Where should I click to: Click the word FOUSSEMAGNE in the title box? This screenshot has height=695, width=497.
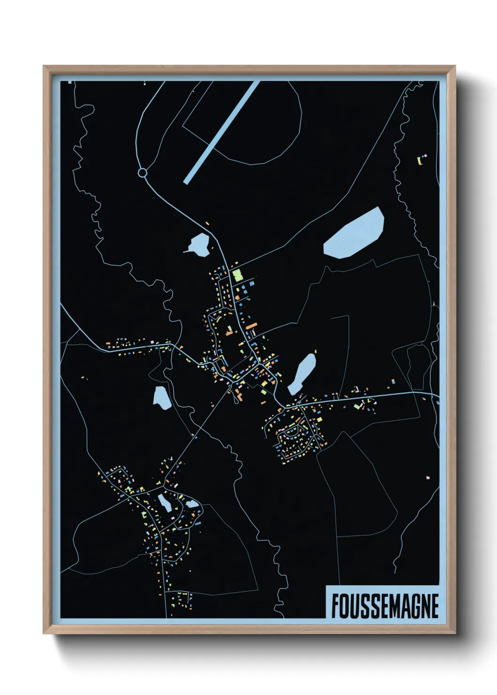(385, 606)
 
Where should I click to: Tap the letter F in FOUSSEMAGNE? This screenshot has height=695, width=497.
(335, 606)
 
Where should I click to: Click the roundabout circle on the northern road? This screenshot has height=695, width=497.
(142, 173)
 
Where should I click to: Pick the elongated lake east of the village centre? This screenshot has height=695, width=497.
(302, 373)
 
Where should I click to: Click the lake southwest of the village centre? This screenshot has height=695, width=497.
(162, 397)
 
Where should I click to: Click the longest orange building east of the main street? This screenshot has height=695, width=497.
(251, 325)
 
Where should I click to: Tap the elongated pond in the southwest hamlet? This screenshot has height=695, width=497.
(164, 503)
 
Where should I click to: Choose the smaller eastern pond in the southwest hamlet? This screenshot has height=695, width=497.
(192, 504)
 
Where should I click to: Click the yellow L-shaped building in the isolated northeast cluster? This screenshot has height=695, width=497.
(419, 161)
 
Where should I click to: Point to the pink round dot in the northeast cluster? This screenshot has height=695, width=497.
(426, 154)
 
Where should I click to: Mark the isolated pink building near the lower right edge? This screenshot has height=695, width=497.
(427, 477)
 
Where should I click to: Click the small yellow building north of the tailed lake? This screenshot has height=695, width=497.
(207, 223)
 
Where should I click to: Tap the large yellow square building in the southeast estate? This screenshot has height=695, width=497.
(319, 419)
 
